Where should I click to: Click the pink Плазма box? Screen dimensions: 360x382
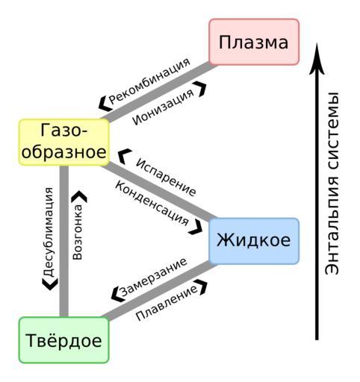click(254, 42)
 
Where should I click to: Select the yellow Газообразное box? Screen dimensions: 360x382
click(64, 142)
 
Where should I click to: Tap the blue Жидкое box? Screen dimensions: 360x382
click(254, 241)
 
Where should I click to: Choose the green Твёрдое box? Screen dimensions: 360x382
click(64, 340)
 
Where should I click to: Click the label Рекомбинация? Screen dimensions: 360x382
click(149, 81)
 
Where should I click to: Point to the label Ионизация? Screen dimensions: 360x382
click(164, 107)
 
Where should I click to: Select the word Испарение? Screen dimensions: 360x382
click(166, 177)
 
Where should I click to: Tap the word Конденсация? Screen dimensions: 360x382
click(152, 203)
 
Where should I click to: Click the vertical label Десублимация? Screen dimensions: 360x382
click(49, 232)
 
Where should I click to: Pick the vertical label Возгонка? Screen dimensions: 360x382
click(78, 232)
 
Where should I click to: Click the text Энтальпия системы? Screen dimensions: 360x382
click(332, 184)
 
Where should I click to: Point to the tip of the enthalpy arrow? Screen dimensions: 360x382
click(317, 43)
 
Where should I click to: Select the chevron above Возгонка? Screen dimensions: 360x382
click(79, 196)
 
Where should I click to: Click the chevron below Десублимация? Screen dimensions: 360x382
click(50, 284)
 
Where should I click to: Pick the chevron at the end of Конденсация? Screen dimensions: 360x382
click(196, 227)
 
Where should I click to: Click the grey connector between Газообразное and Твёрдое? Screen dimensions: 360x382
click(64, 241)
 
